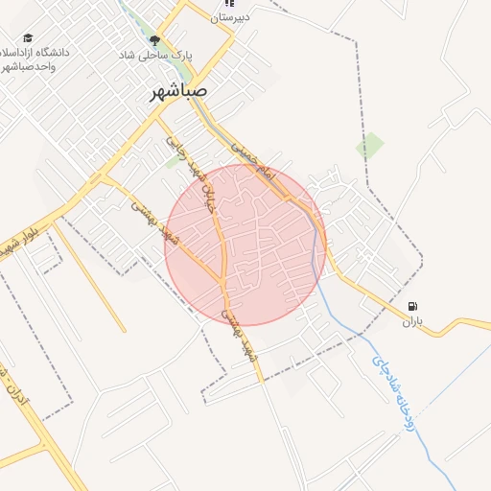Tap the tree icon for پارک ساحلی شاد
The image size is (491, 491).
pos(154,40)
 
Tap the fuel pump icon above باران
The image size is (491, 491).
pos(412,307)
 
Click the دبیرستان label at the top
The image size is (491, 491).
pos(230,17)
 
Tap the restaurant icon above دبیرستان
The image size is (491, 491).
pos(229,4)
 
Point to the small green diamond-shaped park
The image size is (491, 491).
pos(370,148)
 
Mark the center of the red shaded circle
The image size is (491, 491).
pos(245,245)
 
